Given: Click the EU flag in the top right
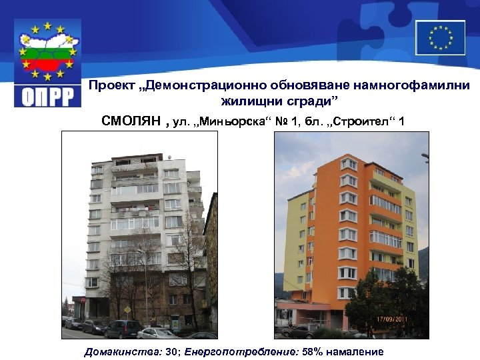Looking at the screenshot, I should tap(440, 37).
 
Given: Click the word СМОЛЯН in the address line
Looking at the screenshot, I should tap(131, 121).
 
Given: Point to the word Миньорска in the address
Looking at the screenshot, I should tap(232, 121).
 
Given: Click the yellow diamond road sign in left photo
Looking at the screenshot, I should tap(127, 310).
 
